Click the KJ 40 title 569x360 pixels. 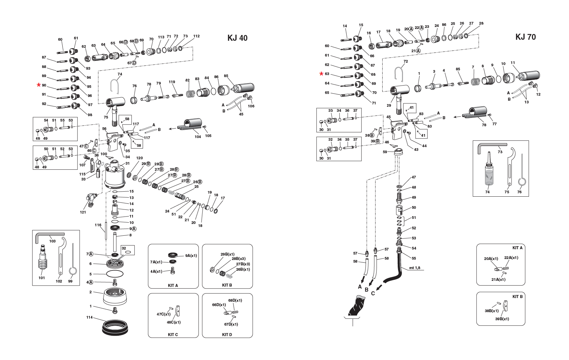237,38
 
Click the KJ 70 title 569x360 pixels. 525,37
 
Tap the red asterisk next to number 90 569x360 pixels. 39,85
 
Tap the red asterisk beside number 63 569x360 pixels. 321,74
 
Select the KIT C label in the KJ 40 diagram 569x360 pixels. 173,335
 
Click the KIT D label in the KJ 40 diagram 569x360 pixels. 227,335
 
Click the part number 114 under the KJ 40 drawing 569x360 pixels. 89,318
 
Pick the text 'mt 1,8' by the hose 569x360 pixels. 415,268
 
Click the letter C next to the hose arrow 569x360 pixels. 373,293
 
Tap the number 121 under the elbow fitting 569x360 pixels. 83,212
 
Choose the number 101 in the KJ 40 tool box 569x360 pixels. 41,278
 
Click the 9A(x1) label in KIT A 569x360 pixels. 191,256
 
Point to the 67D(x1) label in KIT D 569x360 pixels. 231,324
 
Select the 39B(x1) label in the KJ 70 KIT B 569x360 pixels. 502,319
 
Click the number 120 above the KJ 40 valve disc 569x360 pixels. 139,158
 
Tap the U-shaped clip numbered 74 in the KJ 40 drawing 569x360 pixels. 114,86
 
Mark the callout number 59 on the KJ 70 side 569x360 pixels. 385,152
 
